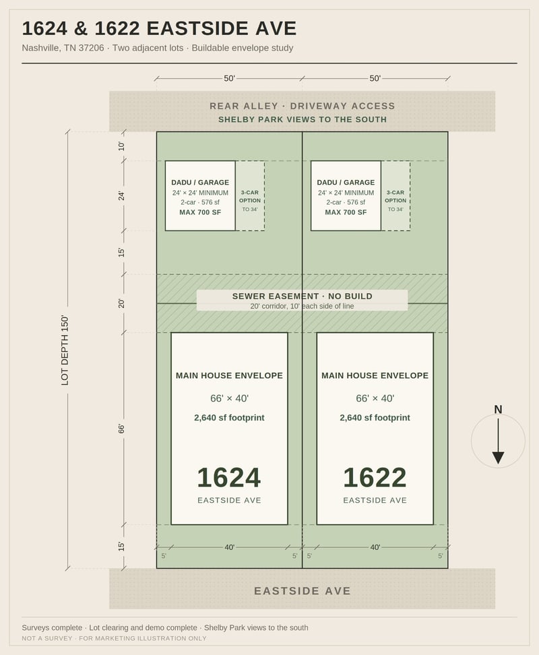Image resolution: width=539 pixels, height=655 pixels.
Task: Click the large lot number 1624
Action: point(229,478)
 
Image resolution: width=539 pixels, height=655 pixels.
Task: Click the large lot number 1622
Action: point(375,478)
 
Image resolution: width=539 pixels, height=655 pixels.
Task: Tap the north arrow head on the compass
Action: point(498,458)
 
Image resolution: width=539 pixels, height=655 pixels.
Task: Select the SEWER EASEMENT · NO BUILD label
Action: point(303,297)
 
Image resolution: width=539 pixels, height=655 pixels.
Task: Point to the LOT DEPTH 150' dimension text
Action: point(65,350)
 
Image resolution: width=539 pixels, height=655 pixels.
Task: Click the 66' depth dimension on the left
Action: point(121,429)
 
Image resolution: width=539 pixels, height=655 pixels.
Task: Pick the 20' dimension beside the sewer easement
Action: point(121,303)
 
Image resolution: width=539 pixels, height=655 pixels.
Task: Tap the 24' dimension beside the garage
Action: point(121,195)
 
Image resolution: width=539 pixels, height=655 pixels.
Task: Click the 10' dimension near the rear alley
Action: point(121,146)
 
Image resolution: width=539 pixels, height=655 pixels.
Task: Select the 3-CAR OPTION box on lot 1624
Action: point(250,195)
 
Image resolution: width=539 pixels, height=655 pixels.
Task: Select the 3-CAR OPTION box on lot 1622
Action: point(395,195)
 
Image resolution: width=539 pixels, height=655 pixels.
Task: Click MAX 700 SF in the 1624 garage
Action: point(200,212)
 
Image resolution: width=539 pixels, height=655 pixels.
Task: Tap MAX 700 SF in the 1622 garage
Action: point(346,212)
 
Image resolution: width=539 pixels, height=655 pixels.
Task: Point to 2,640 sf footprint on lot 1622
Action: point(375,418)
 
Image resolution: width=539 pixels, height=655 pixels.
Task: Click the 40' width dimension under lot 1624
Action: point(230,547)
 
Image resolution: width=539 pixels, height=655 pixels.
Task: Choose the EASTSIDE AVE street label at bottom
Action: point(303,591)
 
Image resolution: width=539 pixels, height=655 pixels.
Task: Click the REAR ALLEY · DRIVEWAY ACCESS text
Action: point(303,106)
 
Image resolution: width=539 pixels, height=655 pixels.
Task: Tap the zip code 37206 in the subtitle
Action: point(91,48)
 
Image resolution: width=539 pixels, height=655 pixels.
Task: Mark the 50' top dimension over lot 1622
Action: point(375,79)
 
